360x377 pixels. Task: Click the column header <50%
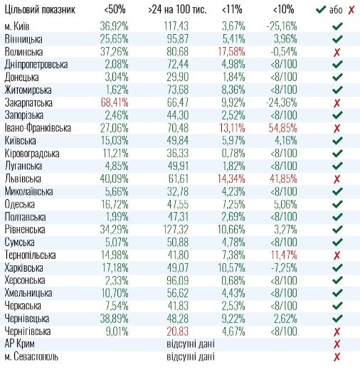(115, 10)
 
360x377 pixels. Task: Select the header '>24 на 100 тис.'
(177, 10)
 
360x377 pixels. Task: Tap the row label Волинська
(23, 52)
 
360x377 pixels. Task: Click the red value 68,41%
(115, 102)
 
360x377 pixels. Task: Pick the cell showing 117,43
(176, 26)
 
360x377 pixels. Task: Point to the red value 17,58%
(231, 52)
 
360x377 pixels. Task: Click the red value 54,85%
(282, 128)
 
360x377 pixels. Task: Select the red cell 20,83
(178, 331)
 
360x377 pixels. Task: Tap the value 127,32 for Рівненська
(176, 230)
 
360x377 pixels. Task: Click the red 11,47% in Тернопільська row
(284, 255)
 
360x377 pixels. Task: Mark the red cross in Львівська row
(337, 179)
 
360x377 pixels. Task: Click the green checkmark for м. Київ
(337, 26)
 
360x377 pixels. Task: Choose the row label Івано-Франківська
(38, 128)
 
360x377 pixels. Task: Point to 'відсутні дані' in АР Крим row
(191, 344)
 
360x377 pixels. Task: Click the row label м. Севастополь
(31, 357)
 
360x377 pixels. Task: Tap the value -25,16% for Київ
(282, 26)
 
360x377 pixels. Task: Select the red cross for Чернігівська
(337, 331)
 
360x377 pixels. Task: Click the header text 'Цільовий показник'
(40, 10)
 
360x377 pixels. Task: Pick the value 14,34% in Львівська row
(231, 179)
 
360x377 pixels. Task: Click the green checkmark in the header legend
(321, 10)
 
